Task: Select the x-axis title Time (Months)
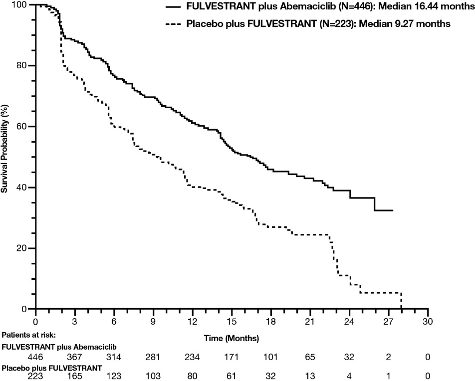[231, 339]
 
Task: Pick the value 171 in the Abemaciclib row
[231, 358]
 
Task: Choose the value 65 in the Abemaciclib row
[310, 358]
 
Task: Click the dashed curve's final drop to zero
[401, 301]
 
